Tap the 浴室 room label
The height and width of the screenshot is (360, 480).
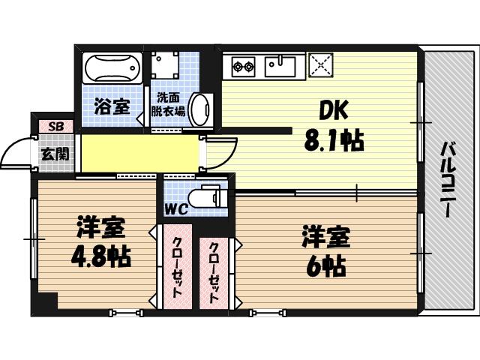coord(112,106)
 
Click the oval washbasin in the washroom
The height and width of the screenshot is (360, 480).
coord(200,109)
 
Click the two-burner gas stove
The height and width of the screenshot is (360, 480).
coord(243,65)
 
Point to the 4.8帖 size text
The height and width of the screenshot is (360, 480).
coord(100,256)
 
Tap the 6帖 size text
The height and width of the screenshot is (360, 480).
coord(325,264)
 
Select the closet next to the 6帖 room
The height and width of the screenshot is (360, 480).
coord(214,272)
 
